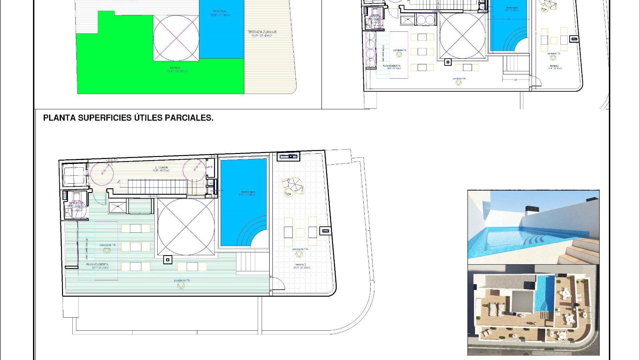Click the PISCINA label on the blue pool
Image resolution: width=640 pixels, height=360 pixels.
(x=220, y=11)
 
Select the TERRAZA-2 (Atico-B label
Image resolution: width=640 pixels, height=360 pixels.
(x=262, y=32)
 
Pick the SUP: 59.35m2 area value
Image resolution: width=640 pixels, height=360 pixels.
(x=177, y=71)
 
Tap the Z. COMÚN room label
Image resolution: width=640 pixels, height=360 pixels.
(x=161, y=168)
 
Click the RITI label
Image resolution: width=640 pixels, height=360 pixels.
(x=210, y=167)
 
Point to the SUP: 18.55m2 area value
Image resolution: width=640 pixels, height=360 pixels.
(x=161, y=171)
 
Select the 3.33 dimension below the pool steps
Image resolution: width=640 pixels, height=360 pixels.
(x=516, y=80)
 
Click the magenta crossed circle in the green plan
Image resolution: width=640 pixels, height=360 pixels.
(x=176, y=38)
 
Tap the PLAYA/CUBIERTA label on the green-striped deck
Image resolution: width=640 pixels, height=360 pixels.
(x=97, y=264)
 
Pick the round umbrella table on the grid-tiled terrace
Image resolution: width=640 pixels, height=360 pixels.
(x=293, y=185)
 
